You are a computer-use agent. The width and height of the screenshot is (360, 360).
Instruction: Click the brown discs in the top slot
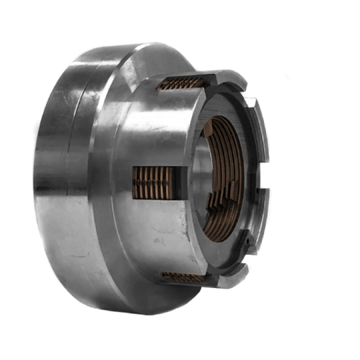pyautogui.click(x=181, y=83)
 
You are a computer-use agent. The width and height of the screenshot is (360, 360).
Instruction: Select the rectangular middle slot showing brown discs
pyautogui.click(x=153, y=183)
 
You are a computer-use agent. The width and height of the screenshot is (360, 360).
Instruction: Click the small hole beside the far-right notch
pyautogui.click(x=260, y=190)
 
